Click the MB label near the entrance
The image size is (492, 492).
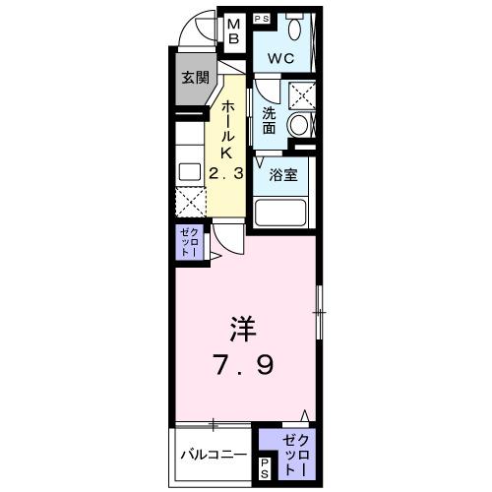[235, 31]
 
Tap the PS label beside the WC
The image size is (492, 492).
[263, 19]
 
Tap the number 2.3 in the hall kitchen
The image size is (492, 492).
[225, 173]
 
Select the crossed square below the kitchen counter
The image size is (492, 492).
[189, 204]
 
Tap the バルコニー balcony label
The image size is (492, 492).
[213, 455]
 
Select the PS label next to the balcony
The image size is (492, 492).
[264, 468]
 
